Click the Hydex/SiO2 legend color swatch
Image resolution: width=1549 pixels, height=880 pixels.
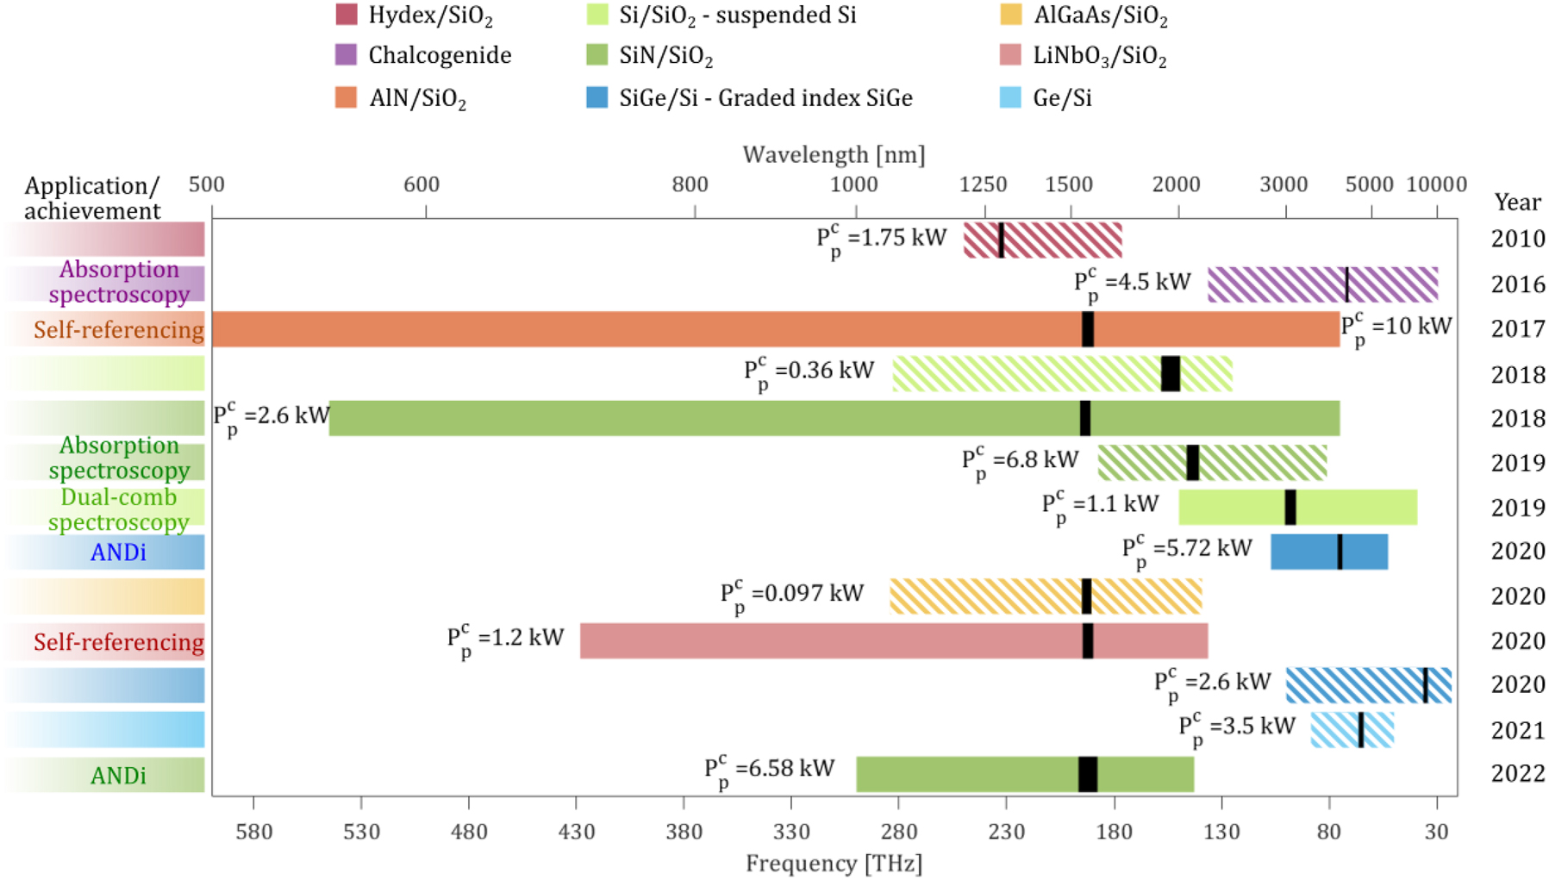(346, 15)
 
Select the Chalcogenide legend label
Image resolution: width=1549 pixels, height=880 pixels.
(440, 55)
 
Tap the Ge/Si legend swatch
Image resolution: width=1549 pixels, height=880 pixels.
(1010, 97)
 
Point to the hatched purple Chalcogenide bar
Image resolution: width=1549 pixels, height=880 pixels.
(1276, 284)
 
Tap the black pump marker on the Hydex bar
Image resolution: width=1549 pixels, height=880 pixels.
(1001, 240)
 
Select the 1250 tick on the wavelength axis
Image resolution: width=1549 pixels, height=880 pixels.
(984, 184)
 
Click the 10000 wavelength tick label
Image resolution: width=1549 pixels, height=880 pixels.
(1436, 184)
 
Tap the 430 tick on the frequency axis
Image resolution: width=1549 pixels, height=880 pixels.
(577, 831)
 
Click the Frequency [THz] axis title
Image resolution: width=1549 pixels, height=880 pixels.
(834, 863)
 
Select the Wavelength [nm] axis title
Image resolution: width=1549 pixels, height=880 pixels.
(834, 154)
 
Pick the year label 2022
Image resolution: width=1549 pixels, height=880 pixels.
(1517, 773)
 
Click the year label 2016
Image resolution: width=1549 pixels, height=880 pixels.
(1517, 284)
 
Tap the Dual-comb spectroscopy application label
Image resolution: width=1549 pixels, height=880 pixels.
(118, 509)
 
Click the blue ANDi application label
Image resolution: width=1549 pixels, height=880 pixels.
(118, 552)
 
